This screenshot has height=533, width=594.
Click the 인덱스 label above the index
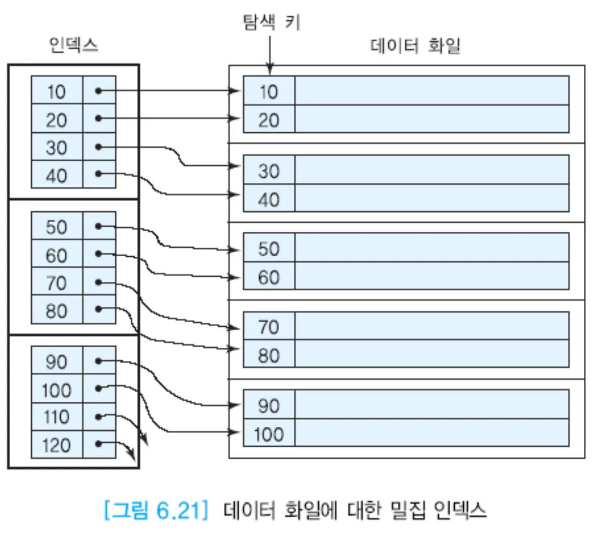[x=73, y=45]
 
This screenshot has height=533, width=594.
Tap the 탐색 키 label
[x=271, y=22]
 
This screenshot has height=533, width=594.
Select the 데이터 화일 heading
[x=415, y=46]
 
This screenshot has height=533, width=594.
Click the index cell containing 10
[x=57, y=91]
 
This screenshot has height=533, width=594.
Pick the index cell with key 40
[x=57, y=175]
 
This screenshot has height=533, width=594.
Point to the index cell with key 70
[x=57, y=282]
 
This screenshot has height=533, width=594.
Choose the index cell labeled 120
[x=57, y=445]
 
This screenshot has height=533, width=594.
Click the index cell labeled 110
[x=57, y=417]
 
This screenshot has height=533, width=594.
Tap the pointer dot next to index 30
[x=98, y=148]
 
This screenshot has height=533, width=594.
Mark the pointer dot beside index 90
[x=98, y=361]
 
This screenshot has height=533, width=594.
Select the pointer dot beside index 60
[x=98, y=254]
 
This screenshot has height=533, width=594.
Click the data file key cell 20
[x=269, y=120]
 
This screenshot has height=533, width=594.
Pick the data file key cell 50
[x=269, y=249]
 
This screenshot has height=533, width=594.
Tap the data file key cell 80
[x=269, y=355]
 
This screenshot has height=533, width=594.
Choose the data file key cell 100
[x=269, y=434]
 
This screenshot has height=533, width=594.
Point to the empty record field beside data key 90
[x=432, y=405]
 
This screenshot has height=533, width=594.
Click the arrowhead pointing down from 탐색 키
[x=270, y=69]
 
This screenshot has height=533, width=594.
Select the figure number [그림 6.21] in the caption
[x=156, y=510]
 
